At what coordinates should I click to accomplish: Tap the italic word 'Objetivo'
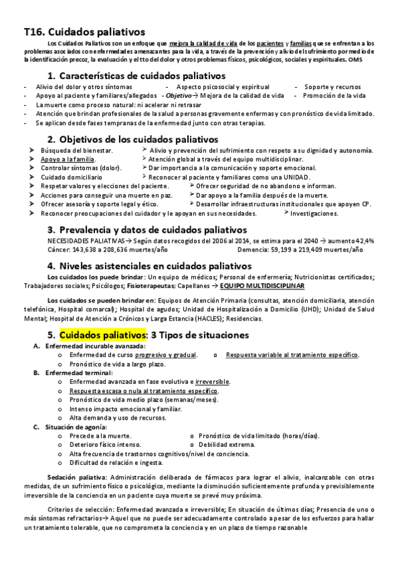click(179, 96)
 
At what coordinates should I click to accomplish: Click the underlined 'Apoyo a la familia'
click(68, 160)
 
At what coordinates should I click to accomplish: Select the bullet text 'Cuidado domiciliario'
click(72, 178)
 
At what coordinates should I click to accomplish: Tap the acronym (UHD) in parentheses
click(310, 309)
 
